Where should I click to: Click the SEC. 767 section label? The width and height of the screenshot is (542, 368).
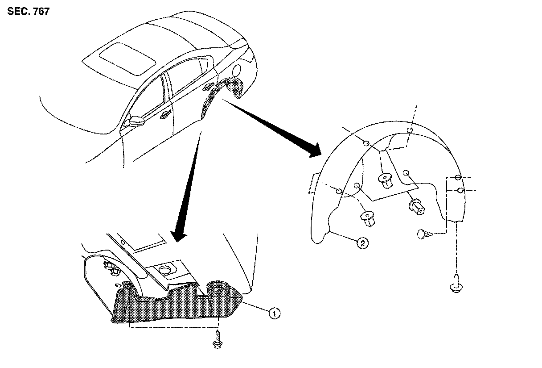28,12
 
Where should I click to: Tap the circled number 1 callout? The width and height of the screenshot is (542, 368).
275,314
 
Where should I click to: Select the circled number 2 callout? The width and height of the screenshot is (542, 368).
362,243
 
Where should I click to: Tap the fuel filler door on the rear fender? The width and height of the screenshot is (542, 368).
237,71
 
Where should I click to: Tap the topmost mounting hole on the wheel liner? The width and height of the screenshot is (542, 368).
410,130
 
